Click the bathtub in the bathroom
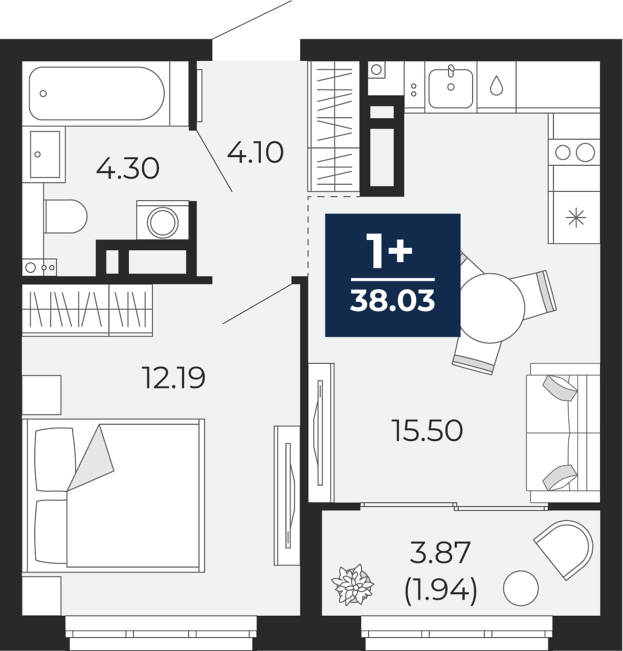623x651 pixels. [97, 93]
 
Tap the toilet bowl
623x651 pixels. [65, 216]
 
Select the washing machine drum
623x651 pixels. [163, 222]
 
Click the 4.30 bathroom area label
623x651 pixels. [128, 168]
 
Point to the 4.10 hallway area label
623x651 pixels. [255, 153]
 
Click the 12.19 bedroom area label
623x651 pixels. [173, 377]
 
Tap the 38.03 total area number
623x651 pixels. [393, 300]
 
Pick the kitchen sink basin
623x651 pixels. [451, 89]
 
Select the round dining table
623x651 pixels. [490, 308]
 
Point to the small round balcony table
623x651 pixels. [521, 588]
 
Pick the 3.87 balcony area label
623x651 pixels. [440, 552]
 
